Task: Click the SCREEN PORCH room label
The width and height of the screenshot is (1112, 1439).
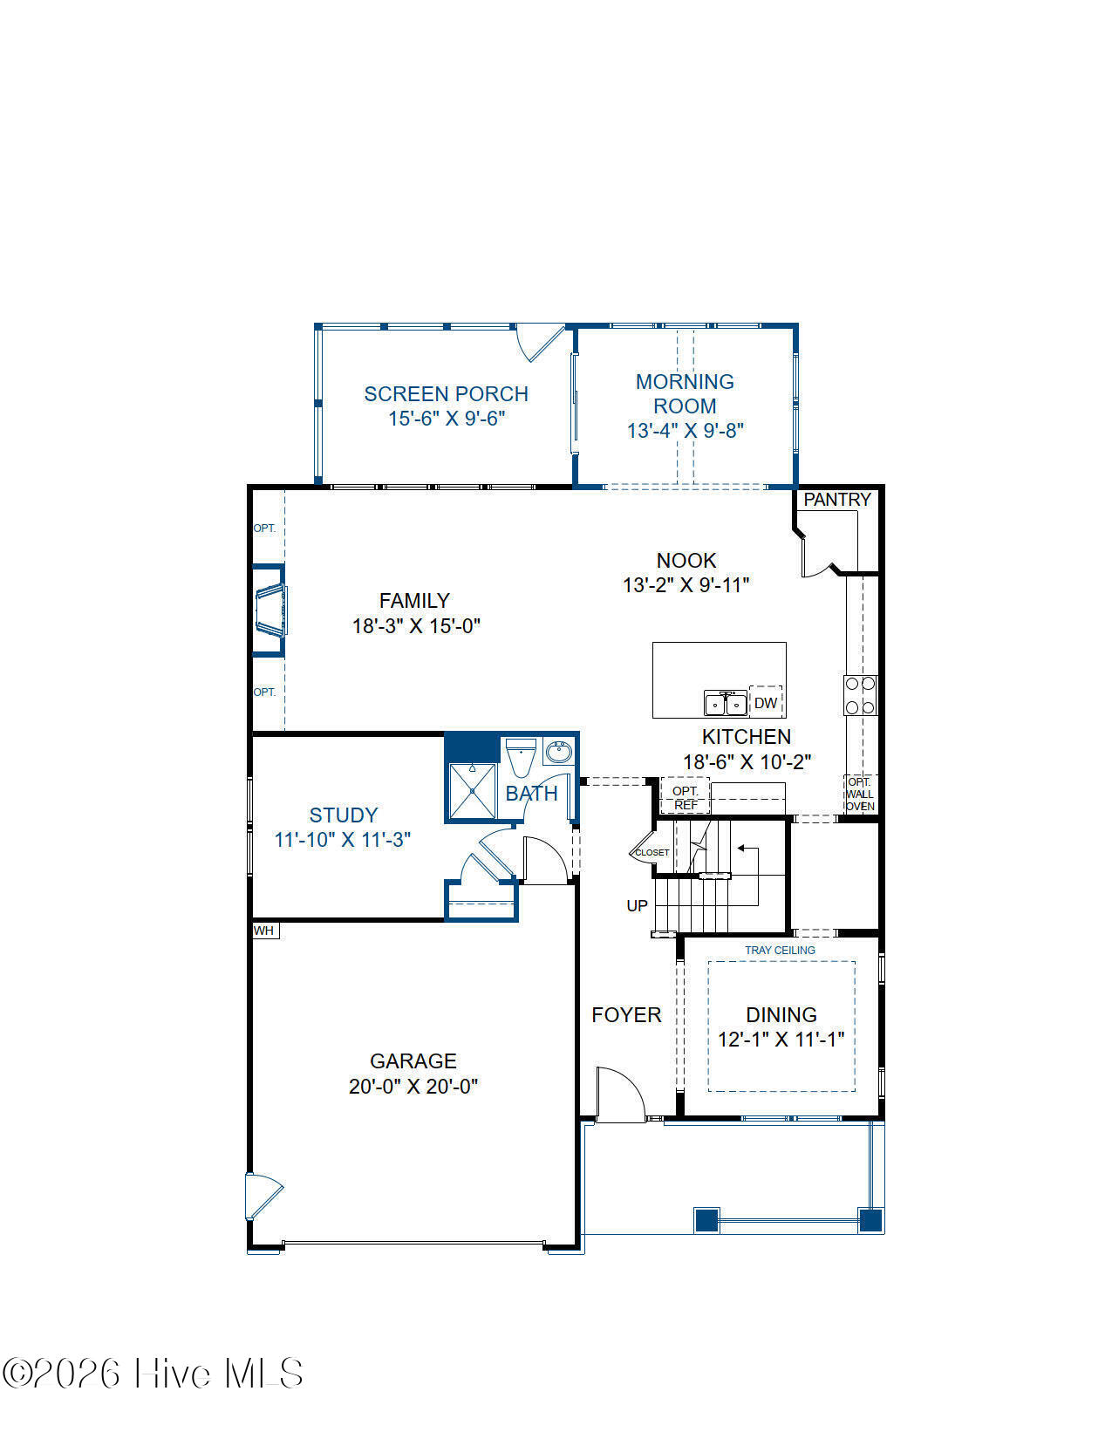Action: pos(446,394)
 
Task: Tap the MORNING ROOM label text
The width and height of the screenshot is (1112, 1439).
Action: pos(685,393)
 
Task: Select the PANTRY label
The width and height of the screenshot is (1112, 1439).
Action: pos(837,500)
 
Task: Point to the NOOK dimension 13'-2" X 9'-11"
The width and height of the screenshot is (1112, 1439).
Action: pos(686,584)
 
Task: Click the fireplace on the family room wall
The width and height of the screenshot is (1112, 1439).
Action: pos(270,610)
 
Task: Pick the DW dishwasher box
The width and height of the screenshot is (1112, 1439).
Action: pos(766,702)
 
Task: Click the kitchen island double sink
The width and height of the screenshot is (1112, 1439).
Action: pos(726,703)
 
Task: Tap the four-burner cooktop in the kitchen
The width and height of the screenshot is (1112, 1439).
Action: pos(860,695)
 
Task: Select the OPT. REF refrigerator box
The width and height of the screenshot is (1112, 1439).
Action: pos(685,795)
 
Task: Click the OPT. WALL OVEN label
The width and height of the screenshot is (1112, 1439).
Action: pos(860,794)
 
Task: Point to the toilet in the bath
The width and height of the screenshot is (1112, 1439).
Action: pos(521,757)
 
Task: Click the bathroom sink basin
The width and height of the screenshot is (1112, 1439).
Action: pos(558,753)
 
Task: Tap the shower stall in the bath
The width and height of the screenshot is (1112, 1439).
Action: pos(472,791)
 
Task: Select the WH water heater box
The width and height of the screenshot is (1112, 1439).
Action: pos(265,931)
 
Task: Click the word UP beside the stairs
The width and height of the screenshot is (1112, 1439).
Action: pos(637,905)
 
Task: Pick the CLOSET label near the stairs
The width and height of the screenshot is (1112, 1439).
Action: pos(652,852)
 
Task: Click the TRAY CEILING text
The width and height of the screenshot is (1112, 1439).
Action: pos(780,951)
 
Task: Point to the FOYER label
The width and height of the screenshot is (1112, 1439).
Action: pos(626,1015)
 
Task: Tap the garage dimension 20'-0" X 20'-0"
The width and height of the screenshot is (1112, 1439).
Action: pos(413,1087)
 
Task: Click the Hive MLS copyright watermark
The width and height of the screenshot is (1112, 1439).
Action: pos(153,1373)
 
